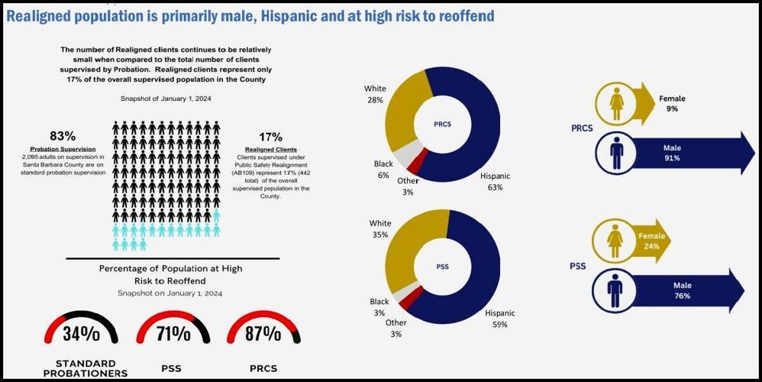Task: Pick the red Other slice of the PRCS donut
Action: pyautogui.click(x=414, y=163)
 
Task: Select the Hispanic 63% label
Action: pyautogui.click(x=496, y=180)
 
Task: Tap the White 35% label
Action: pyautogui.click(x=379, y=230)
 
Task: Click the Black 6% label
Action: pyautogui.click(x=383, y=170)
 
